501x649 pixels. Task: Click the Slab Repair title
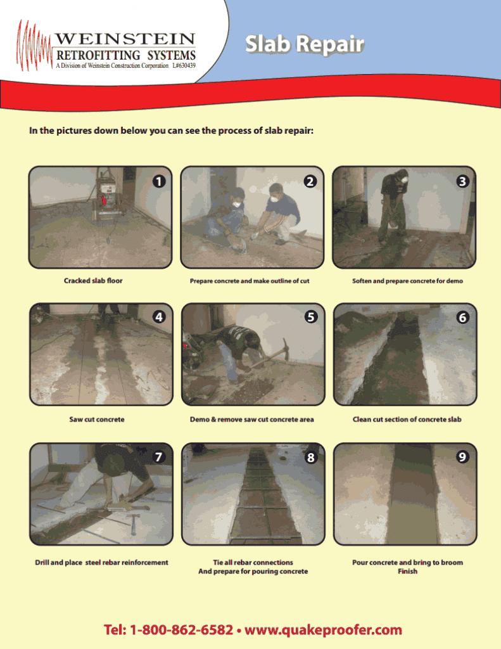(x=304, y=44)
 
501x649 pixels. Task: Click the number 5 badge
(x=310, y=318)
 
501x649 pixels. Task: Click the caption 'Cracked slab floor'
(x=93, y=281)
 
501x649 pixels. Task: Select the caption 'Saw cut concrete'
(x=97, y=420)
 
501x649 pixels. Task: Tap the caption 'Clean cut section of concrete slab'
(x=407, y=420)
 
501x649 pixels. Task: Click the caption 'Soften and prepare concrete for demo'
(x=407, y=281)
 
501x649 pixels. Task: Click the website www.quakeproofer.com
(x=323, y=630)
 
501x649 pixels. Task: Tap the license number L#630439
(x=184, y=66)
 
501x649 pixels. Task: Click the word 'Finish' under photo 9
(x=407, y=572)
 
